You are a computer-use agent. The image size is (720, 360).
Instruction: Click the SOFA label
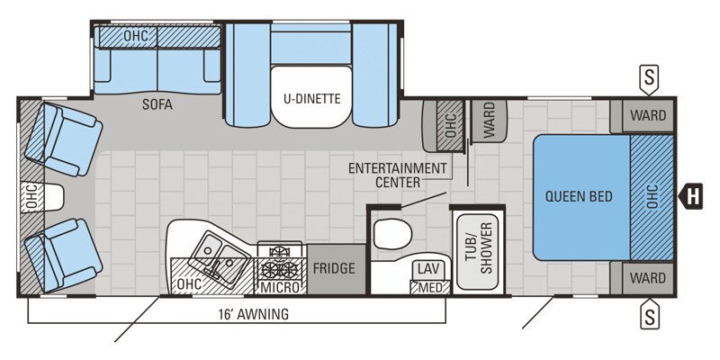click(157, 104)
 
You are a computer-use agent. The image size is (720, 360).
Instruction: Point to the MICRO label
click(280, 287)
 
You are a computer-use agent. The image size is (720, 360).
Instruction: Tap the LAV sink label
click(427, 269)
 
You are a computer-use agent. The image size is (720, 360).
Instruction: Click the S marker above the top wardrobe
click(647, 78)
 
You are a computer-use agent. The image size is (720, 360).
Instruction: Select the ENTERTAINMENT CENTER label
click(397, 175)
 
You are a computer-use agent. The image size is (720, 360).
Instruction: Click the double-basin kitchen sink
click(219, 253)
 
